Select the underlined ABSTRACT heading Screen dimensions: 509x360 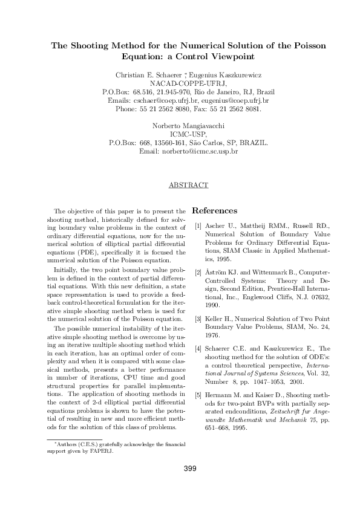coord(188,185)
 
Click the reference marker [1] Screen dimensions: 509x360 coord(197,226)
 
